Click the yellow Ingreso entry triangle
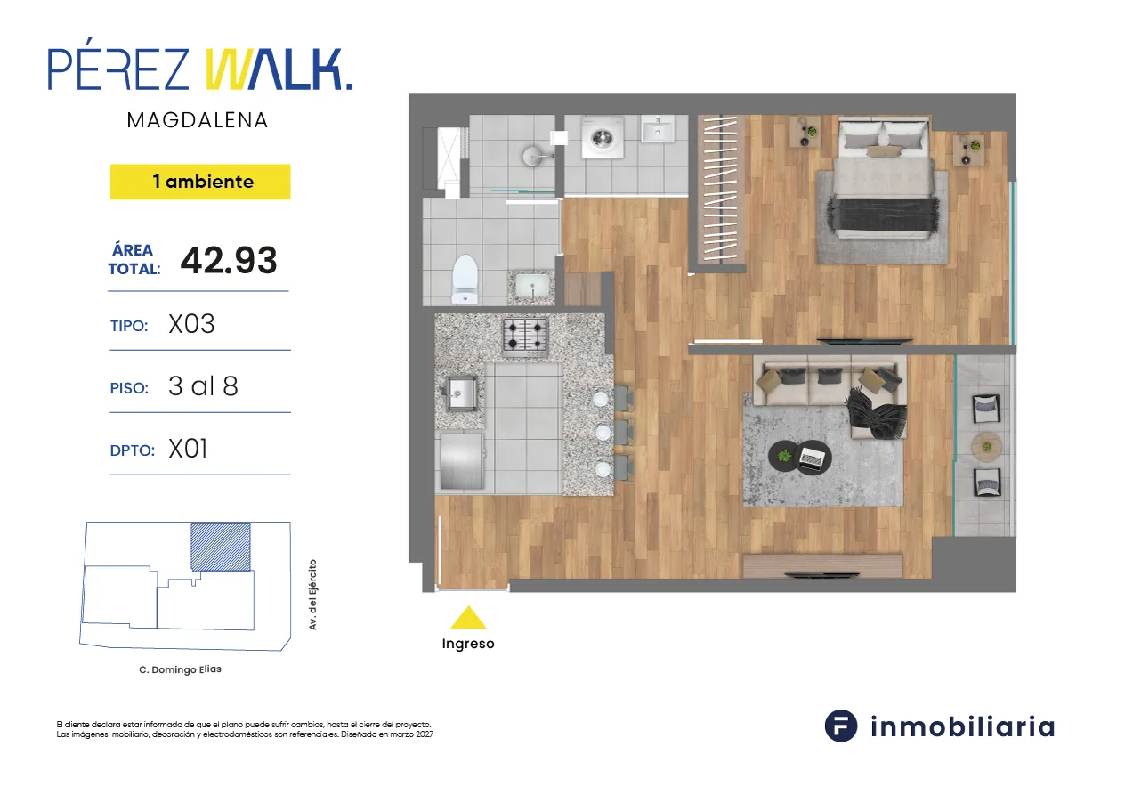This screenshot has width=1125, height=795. pos(468,618)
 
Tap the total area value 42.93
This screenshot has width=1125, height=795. pos(229,260)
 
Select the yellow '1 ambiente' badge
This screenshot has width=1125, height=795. pos(200,182)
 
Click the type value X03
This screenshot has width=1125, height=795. pos(191,324)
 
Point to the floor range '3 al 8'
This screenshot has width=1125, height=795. pos(203,386)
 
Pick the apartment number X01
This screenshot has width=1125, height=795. pos(188,449)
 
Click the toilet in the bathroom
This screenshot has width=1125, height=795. pos(465,279)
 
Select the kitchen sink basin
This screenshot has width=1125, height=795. pos(460,393)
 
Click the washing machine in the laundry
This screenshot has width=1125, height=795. pos(603,138)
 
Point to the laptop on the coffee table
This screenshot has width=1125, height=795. pos(812,458)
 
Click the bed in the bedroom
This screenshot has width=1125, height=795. pos(884,177)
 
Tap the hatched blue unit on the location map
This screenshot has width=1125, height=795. pos(221,548)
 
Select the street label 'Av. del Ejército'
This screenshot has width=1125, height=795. pos(312,595)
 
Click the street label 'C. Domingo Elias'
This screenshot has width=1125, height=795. pos(181,669)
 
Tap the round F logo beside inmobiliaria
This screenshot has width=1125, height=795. pos(841,726)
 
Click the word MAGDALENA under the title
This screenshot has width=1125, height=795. pos(198,120)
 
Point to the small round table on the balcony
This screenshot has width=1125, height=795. pos(986,447)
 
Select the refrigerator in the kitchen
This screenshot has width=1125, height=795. pos(463,460)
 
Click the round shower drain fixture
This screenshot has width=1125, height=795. pos(534,156)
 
